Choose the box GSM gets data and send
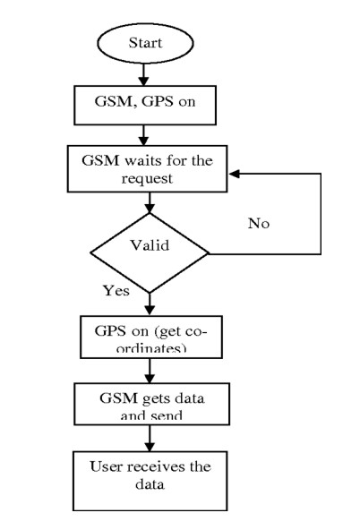[147, 403]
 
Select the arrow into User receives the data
[147, 438]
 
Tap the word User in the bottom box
[105, 466]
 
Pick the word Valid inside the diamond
[147, 243]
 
